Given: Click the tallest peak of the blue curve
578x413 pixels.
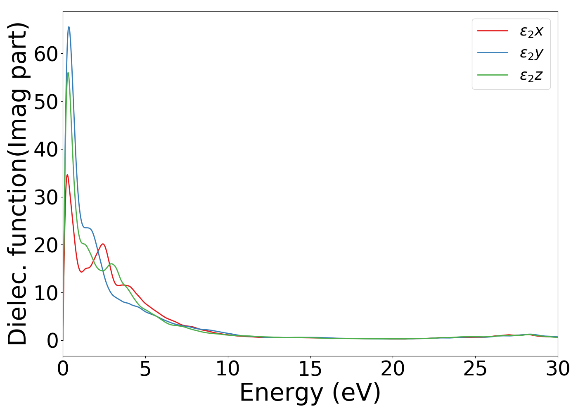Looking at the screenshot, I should tap(69, 27).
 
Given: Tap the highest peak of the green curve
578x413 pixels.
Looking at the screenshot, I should tap(68, 73).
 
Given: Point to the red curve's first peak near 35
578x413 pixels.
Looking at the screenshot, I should tap(67, 175).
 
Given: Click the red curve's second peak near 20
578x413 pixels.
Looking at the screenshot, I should tap(102, 244).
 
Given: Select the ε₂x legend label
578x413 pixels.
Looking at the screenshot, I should tap(531, 31).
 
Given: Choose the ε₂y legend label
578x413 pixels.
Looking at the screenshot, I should tap(531, 53).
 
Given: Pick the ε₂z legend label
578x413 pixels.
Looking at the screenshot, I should tap(531, 76).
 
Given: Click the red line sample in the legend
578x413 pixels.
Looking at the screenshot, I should tap(493, 31).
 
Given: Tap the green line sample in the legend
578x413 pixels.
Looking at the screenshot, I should tap(493, 75).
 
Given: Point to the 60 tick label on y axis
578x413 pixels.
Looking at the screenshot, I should tap(46, 54).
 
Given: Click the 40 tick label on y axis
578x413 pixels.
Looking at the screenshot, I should tap(46, 150).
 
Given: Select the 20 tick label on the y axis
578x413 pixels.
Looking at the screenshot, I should tap(46, 245).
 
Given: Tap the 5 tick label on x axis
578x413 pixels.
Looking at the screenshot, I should tap(145, 369).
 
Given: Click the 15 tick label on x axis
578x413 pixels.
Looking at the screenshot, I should tap(310, 369).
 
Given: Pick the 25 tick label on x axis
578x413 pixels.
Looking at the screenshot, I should tap(475, 369).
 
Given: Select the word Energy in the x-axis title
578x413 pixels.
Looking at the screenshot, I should tap(281, 393).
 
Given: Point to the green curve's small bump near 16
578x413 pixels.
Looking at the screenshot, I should tap(111, 263).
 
